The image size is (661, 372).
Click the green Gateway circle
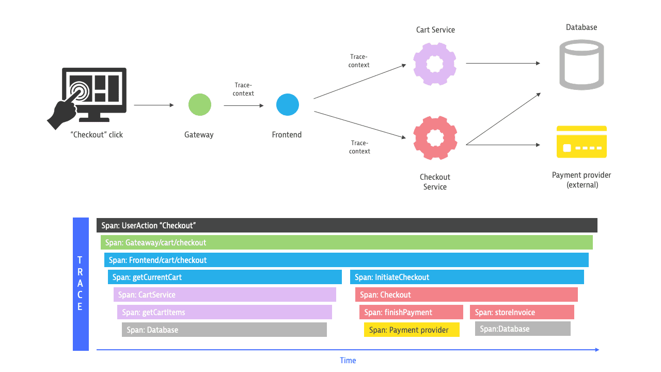(x=199, y=104)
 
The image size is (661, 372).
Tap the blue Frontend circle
(x=287, y=104)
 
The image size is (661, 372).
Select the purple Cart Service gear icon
(x=435, y=64)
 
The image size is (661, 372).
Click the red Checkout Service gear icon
(x=435, y=138)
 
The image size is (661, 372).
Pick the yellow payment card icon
(x=581, y=142)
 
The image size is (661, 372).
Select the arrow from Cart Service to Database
(x=502, y=64)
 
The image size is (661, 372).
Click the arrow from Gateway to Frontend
(x=243, y=105)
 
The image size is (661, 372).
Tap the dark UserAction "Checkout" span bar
(x=347, y=225)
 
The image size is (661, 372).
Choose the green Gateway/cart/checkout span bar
(x=347, y=242)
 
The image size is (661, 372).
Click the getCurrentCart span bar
(x=225, y=277)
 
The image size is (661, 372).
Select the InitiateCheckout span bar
(x=467, y=277)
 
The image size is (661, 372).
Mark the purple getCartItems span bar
(x=224, y=312)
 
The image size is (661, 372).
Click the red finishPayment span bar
(x=411, y=312)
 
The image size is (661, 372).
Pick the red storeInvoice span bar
(x=522, y=312)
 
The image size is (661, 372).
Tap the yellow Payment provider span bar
(x=412, y=330)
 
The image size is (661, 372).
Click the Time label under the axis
(x=348, y=361)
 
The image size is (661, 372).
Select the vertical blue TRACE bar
(x=81, y=284)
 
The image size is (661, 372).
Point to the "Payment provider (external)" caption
(x=581, y=180)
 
